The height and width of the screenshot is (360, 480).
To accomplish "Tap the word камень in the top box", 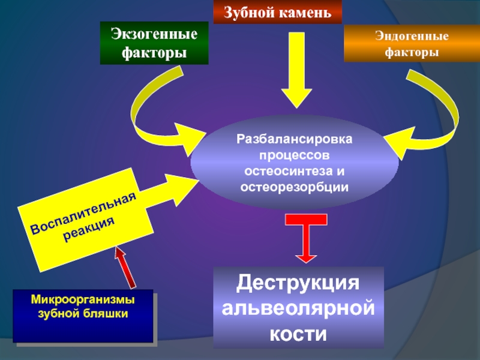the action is (305, 11).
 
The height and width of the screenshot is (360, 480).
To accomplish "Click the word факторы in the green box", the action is (154, 53).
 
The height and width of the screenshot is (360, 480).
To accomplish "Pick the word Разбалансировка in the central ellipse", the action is (294, 139).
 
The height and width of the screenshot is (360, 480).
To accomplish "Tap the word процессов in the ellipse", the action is (294, 155).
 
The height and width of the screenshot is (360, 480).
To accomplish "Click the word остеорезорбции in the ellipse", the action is (294, 187).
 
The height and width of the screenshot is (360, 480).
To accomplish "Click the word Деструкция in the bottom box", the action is (298, 283).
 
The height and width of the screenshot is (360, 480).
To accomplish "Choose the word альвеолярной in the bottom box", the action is (298, 308).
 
